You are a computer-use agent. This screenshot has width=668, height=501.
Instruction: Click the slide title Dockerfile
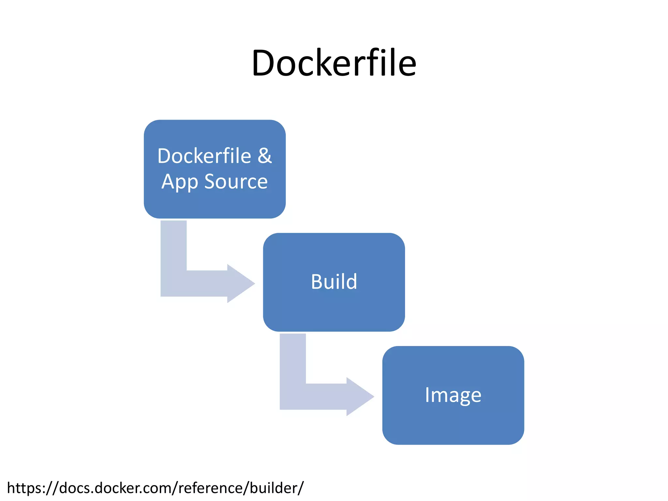coord(334,63)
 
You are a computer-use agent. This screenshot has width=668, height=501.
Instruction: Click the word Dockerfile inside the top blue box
coord(204,156)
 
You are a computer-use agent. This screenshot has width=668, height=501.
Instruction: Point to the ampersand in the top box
coord(265,156)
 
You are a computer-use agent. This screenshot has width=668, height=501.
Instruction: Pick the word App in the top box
coord(180,182)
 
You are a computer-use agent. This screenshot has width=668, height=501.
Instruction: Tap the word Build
coord(334,281)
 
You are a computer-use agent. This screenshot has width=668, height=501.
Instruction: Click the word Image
coord(453,395)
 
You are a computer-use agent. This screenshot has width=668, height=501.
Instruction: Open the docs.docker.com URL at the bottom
coord(155,488)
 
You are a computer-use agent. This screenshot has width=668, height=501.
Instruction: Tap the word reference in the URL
coord(211,488)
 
